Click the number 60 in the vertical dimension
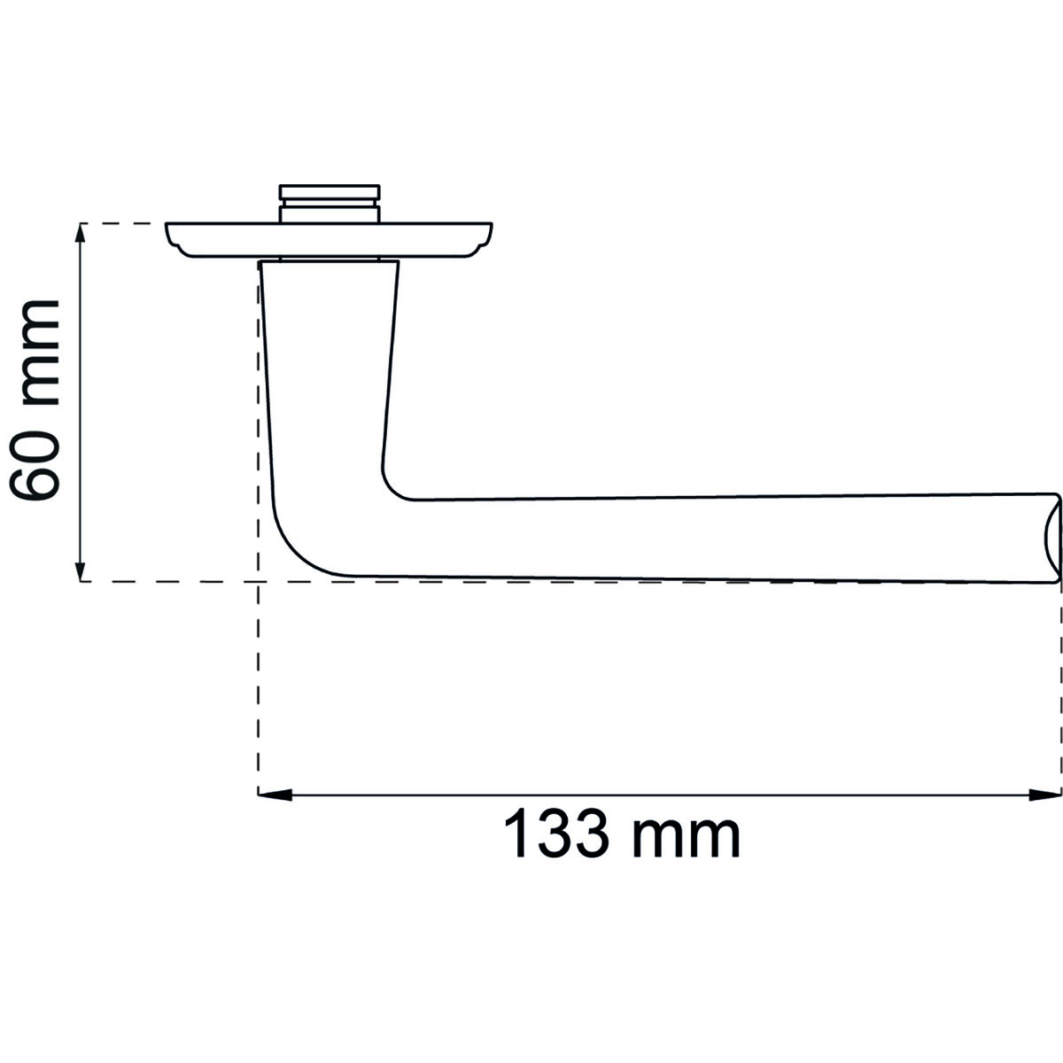point(35,464)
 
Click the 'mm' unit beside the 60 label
point(40,353)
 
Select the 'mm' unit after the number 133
point(687,839)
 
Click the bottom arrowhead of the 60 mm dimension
point(81,570)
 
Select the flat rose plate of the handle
point(329,240)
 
